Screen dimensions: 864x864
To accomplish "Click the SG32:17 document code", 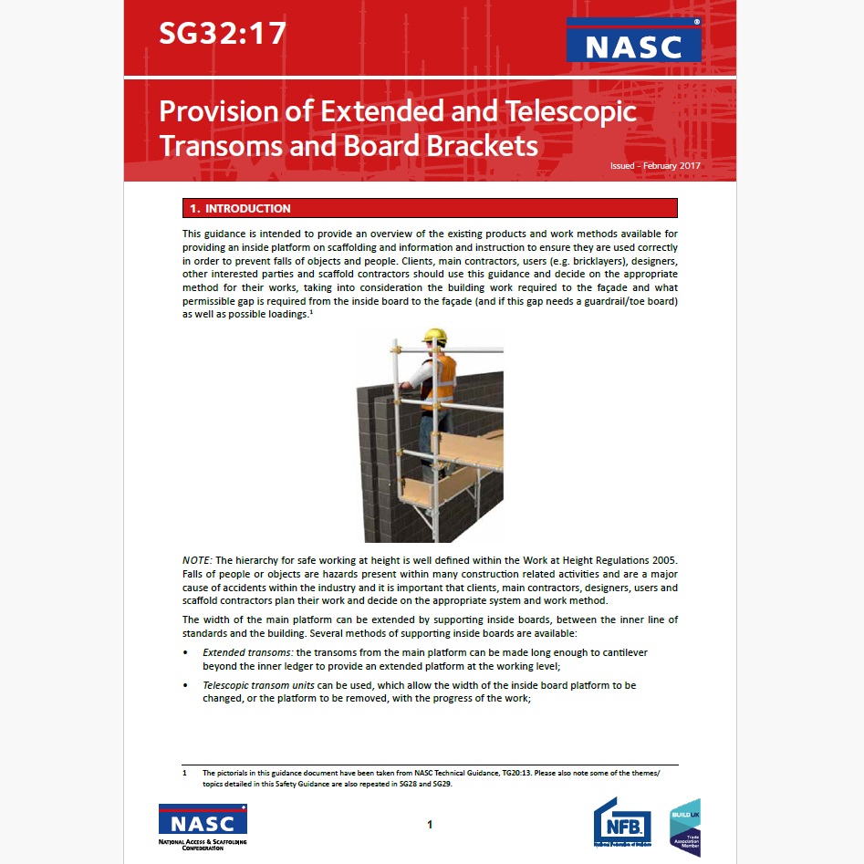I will (x=223, y=35).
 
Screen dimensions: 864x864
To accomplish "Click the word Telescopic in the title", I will (x=559, y=112).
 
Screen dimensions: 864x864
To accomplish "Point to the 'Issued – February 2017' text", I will (x=656, y=166).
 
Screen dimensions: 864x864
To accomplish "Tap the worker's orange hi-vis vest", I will (x=442, y=376).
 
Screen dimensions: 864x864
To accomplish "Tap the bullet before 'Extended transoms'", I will (x=186, y=653).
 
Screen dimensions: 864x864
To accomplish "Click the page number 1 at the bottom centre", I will (x=430, y=826).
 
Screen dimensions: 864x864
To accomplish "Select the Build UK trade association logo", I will (x=685, y=827).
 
